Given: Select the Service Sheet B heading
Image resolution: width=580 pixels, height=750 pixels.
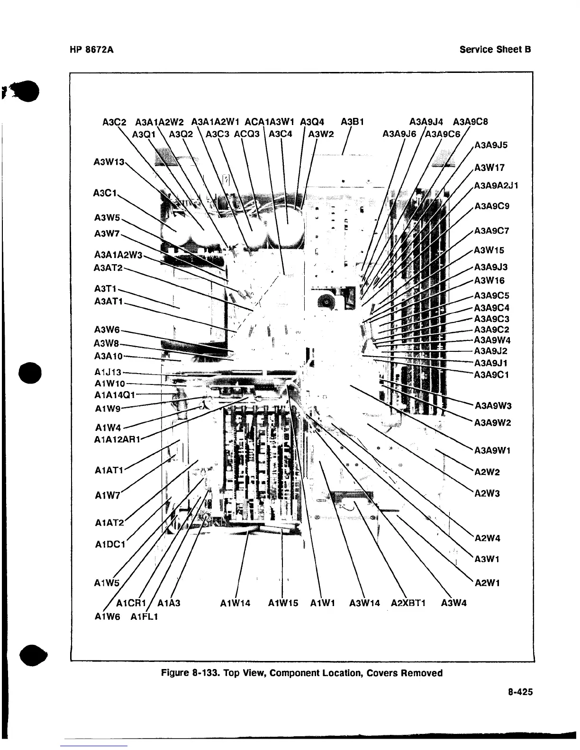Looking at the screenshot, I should point(495,49).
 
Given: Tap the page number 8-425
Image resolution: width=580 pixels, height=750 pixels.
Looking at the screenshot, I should point(519,692).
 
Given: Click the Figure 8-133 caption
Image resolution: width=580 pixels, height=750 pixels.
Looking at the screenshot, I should point(302,673).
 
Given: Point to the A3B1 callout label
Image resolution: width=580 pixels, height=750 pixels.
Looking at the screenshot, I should point(352,122).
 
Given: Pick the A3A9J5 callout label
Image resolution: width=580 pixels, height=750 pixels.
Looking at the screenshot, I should point(491,145).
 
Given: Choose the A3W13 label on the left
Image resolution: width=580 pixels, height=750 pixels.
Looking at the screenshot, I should point(109,162).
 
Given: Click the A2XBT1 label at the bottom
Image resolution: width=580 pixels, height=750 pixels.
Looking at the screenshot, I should point(408,603).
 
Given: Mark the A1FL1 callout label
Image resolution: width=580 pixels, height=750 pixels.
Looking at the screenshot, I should point(144,616).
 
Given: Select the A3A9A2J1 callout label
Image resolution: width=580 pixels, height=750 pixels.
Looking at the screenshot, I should point(496,185).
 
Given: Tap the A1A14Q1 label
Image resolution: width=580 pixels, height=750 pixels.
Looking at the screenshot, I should point(115,395).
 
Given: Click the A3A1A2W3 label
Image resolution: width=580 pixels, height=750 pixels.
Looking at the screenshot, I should point(118,255).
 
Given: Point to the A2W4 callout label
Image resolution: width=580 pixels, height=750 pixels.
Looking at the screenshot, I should point(488,538).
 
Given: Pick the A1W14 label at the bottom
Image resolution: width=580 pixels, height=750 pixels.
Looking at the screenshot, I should point(236,603).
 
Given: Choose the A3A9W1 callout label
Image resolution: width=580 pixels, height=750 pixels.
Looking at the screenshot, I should point(492,450).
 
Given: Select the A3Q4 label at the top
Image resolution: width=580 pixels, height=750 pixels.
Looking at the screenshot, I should point(312,122).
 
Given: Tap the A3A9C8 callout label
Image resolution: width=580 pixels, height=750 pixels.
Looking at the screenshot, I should point(470,122).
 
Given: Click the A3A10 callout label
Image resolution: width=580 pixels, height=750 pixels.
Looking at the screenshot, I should point(109,356).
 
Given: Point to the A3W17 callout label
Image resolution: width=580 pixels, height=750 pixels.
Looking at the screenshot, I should point(489,167).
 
